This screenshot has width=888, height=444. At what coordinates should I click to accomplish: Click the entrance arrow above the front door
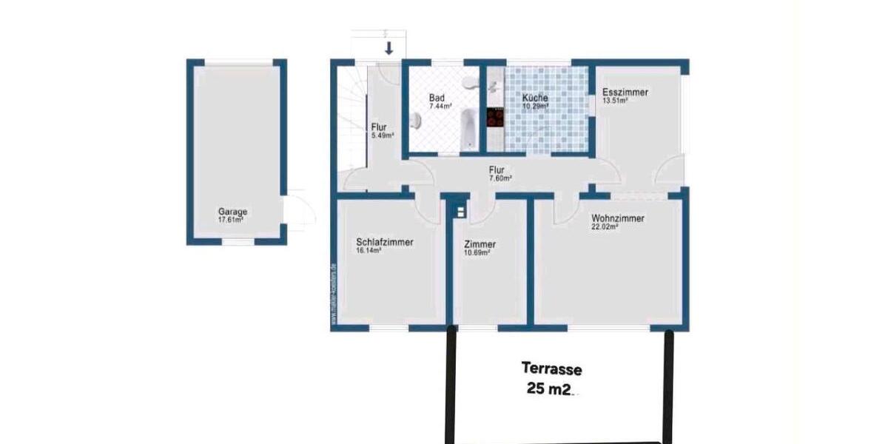(x=389, y=49)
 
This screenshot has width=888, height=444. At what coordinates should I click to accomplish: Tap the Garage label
(x=232, y=212)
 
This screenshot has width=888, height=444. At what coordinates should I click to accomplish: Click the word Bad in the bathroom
(x=437, y=98)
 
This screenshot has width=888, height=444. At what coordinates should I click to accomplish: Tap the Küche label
(x=535, y=98)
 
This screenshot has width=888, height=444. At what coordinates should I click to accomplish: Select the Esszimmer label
(x=625, y=92)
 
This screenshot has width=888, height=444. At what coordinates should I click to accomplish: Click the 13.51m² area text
(x=615, y=101)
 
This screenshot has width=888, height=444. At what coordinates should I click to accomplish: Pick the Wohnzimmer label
(x=617, y=219)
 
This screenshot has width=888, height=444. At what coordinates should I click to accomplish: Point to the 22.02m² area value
(x=605, y=228)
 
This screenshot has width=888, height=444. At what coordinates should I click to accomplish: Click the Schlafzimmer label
(x=384, y=242)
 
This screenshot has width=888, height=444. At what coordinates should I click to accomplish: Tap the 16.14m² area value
(x=369, y=251)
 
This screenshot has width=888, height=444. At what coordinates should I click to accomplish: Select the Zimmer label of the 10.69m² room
(x=480, y=244)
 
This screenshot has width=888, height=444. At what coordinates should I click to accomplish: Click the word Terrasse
(x=551, y=368)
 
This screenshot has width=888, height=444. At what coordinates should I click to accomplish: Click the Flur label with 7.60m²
(x=497, y=169)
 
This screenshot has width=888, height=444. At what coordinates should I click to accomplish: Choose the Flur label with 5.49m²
(x=380, y=127)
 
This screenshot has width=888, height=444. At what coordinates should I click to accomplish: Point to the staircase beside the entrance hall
(x=352, y=126)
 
